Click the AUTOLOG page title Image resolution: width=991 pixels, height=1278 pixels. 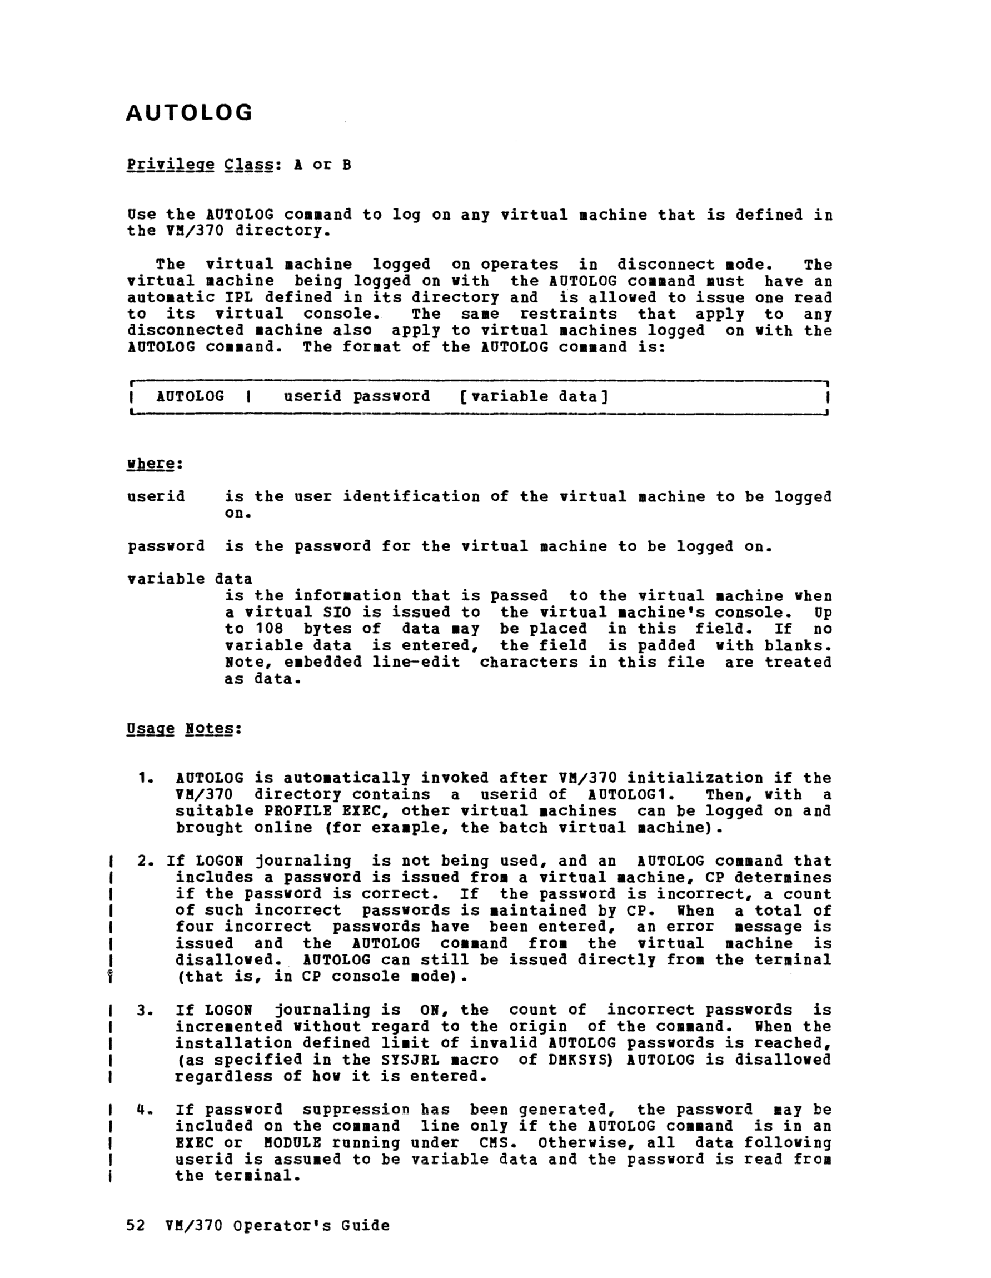pos(189,112)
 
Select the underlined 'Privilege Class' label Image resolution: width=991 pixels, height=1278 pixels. pos(200,165)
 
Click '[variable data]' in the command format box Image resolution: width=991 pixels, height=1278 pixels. pos(534,397)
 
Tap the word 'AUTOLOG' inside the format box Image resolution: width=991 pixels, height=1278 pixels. pos(190,397)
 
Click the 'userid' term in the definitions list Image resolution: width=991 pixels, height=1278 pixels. pos(156,497)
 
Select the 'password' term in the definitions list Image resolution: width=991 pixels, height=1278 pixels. pos(166,546)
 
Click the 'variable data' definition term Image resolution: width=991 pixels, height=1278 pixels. pos(190,579)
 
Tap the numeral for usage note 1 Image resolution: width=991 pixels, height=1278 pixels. pos(145,778)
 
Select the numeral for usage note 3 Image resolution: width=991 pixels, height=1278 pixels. pos(145,1011)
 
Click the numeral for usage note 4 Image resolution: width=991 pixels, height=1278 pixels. pos(144,1110)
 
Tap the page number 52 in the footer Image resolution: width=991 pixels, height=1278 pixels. pos(136,1225)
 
